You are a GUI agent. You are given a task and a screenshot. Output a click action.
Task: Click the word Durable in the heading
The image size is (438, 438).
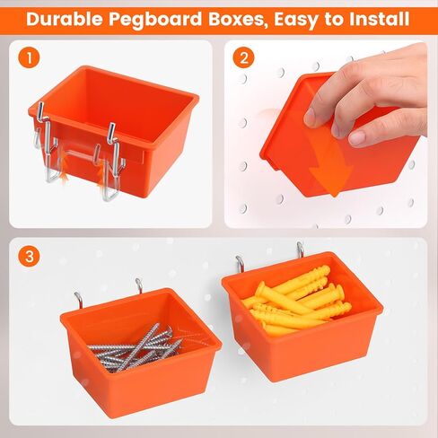tap(66, 18)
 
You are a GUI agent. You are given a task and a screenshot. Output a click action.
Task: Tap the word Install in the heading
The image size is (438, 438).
tap(377, 18)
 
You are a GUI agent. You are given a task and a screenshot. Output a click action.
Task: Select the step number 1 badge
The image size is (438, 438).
tap(31, 60)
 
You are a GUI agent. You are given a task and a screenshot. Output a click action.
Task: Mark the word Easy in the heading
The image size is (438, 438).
tap(297, 18)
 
